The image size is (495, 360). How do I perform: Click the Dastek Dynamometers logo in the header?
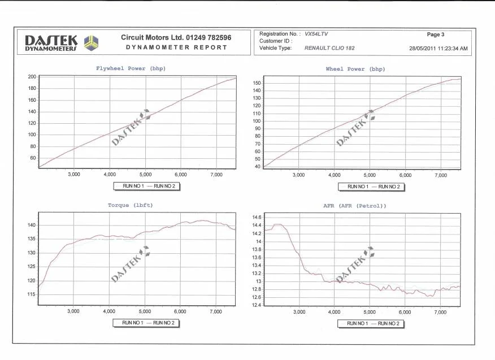(x=62, y=43)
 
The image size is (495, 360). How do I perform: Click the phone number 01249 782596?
(x=209, y=37)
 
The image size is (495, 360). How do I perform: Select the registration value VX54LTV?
(x=316, y=34)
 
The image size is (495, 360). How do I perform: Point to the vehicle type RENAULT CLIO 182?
(x=329, y=48)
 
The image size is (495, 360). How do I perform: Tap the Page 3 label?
(x=435, y=34)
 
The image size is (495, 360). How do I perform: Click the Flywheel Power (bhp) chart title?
(x=131, y=68)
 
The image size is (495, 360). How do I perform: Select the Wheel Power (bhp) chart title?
(x=355, y=69)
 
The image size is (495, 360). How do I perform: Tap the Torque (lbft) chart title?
(x=131, y=205)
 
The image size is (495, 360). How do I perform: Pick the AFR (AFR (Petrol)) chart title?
(x=354, y=206)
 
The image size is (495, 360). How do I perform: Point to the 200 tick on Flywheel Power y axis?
(x=32, y=77)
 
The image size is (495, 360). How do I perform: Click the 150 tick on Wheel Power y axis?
(x=257, y=83)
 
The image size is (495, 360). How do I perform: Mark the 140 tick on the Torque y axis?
(x=32, y=225)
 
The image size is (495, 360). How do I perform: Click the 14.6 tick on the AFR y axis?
(x=257, y=217)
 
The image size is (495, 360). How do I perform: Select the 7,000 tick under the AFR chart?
(x=440, y=313)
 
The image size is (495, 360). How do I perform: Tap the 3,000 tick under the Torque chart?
(x=73, y=311)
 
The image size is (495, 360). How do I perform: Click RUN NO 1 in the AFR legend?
(x=357, y=323)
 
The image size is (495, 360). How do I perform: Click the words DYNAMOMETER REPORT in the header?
(x=176, y=47)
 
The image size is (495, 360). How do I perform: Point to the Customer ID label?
(x=275, y=41)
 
